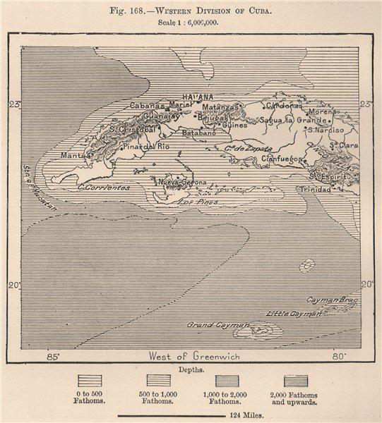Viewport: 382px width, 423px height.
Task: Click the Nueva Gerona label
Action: [x=183, y=182]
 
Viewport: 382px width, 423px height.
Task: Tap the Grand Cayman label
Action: [x=218, y=325]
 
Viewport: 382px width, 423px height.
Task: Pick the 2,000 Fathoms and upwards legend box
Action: [x=296, y=381]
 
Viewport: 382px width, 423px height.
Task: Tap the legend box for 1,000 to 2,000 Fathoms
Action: [x=227, y=381]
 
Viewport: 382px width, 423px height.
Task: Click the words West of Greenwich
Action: [x=194, y=357]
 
